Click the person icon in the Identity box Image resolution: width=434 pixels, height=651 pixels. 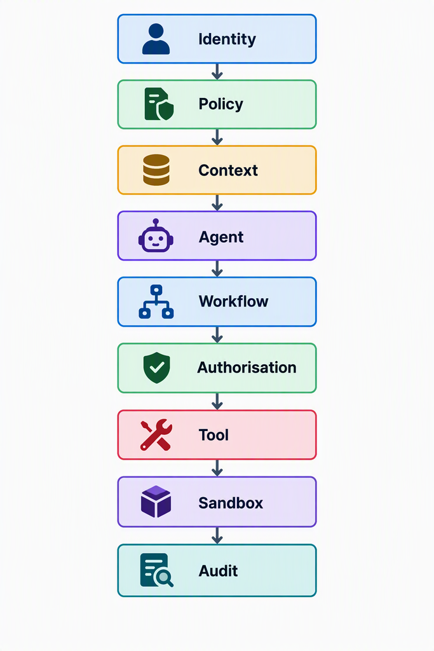[156, 39]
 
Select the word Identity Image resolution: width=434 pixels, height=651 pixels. [227, 39]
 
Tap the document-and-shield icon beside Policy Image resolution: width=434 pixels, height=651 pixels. [159, 104]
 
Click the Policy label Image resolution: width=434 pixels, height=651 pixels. [220, 104]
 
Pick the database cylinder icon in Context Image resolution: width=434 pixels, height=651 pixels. [156, 170]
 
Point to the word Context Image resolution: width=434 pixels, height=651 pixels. [228, 170]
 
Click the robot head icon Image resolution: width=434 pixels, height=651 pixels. [156, 235]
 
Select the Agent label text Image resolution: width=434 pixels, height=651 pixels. [221, 237]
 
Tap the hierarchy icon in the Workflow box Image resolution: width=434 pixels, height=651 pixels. [156, 302]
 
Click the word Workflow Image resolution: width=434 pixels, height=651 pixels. [234, 301]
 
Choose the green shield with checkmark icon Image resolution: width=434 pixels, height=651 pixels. [156, 368]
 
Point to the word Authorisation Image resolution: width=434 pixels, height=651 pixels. [247, 367]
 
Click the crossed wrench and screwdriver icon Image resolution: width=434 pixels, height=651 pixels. [156, 435]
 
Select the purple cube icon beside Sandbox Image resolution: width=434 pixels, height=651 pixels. [156, 502]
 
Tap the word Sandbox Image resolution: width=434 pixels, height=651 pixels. [231, 503]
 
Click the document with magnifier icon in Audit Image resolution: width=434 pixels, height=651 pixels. [156, 570]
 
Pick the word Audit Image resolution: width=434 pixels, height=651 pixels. [218, 571]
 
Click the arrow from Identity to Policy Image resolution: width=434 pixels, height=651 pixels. [217, 71]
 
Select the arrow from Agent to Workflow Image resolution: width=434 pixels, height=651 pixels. [217, 269]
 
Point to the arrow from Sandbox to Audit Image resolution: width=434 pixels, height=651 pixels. [217, 535]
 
